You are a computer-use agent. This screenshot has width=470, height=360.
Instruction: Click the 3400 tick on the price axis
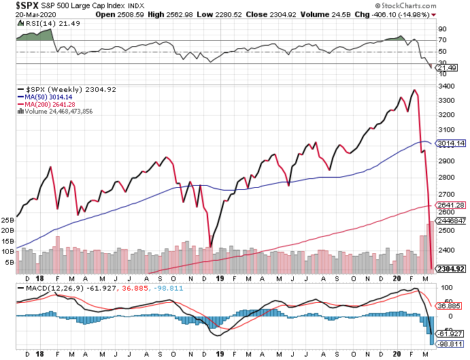coord(447,86)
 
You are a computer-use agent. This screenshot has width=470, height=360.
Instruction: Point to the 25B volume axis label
coord(7,220)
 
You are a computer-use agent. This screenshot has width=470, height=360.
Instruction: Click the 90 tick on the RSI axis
coord(441,29)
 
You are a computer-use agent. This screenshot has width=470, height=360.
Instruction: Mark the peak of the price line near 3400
coord(415,90)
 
